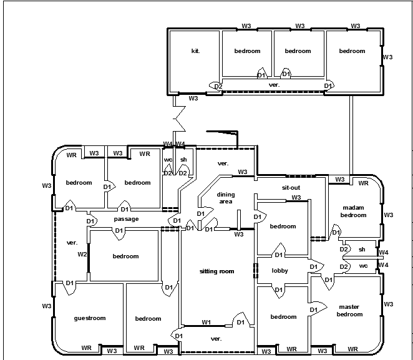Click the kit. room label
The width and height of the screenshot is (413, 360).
[195, 51]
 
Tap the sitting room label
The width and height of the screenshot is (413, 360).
[216, 271]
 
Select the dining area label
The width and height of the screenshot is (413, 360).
[226, 198]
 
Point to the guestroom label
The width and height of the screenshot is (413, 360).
[90, 318]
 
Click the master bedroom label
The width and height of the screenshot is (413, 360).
[349, 311]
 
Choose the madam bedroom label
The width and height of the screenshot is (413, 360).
[353, 212]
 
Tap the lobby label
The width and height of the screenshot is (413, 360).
[279, 271]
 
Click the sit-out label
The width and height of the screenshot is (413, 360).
[291, 188]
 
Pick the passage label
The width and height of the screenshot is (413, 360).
[126, 219]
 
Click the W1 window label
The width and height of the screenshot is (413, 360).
[206, 322]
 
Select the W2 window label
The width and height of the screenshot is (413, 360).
[82, 254]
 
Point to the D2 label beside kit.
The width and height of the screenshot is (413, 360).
[218, 86]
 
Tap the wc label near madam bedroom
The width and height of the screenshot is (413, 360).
[363, 266]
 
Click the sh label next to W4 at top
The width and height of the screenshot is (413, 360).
[183, 160]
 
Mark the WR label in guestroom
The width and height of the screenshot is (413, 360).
[86, 348]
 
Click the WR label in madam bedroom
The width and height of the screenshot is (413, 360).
[363, 183]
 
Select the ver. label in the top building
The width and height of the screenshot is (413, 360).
[274, 85]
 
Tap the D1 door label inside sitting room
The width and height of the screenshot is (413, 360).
[240, 323]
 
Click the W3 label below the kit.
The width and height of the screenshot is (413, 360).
[193, 99]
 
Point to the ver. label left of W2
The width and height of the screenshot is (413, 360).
[72, 243]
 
